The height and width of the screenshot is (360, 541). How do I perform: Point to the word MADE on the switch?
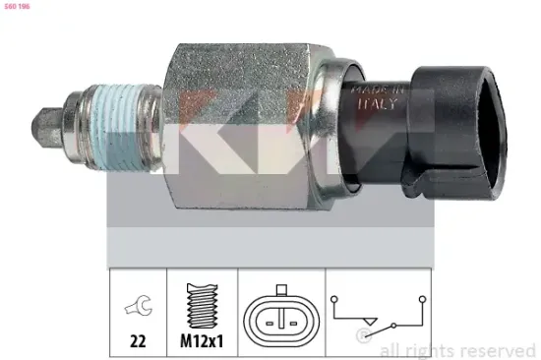pos(367,90)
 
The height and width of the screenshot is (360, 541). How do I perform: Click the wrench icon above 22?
pos(138,310)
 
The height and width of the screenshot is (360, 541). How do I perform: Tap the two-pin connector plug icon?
pos(281,316)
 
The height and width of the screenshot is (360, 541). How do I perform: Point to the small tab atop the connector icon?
pos(281,291)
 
